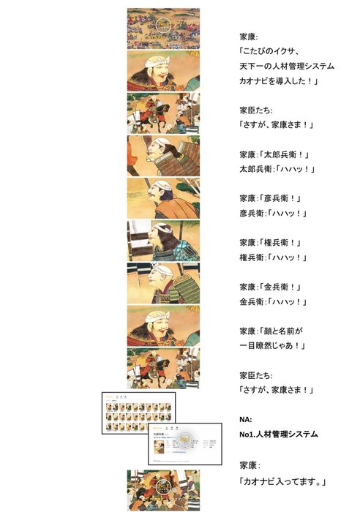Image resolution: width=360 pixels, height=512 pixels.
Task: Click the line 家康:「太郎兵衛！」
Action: coord(270,154)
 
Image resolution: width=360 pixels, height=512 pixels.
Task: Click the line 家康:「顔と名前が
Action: coord(271,330)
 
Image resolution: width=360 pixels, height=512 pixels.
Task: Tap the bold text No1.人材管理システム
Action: coord(279,434)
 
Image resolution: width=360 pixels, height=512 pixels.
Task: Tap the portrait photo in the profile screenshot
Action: coord(187,440)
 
